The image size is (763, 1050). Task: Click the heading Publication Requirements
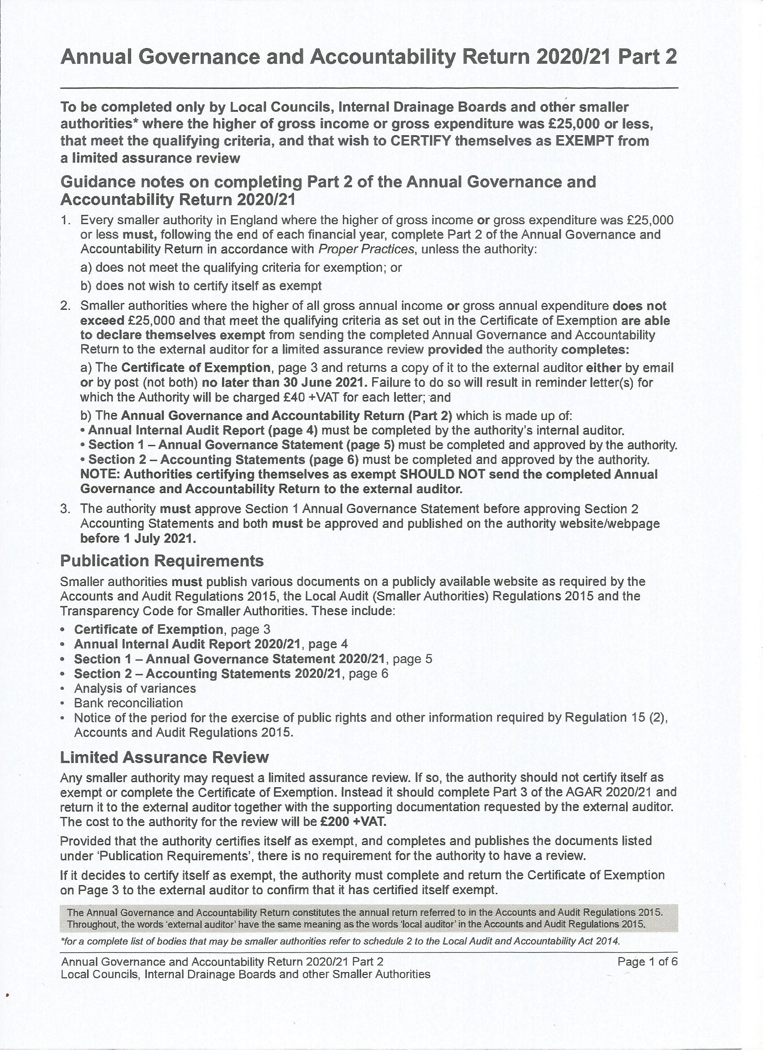click(162, 560)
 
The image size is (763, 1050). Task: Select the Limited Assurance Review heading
click(164, 757)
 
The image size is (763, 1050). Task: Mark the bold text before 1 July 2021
click(138, 538)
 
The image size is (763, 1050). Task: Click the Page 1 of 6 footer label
click(647, 962)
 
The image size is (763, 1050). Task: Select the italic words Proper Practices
click(366, 249)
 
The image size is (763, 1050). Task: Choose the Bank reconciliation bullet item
click(128, 703)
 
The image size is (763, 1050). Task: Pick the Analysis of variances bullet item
click(135, 688)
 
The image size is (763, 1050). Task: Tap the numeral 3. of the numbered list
click(65, 508)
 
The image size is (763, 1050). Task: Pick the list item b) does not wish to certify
click(201, 286)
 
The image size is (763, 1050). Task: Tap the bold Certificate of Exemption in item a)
click(196, 368)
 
